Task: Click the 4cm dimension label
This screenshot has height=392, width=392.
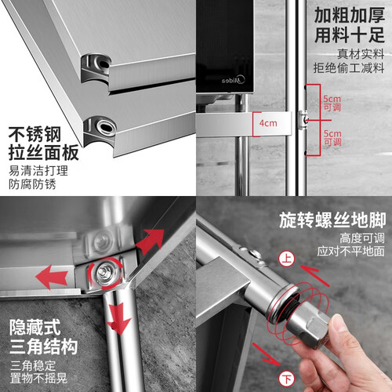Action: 268,123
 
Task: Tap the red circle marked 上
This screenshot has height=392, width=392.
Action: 287,259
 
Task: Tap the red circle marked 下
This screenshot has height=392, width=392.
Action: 287,379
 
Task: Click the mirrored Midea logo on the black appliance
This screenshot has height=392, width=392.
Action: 234,80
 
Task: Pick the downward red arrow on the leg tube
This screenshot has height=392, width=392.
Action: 119,318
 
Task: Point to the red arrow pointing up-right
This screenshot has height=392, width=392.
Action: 151,241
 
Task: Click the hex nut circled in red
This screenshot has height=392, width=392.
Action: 105,273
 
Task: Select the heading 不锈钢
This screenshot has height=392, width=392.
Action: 34,135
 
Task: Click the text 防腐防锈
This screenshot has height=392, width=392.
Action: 32,184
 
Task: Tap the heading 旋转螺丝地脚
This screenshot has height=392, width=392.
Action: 332,220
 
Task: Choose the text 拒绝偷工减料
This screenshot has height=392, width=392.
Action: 349,68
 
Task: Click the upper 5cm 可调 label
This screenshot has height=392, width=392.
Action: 332,103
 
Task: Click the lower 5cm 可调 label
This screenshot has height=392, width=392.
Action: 332,138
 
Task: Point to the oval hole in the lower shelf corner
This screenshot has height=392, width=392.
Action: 106,127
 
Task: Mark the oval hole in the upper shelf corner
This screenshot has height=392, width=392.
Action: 104,64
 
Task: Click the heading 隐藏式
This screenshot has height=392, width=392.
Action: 35,327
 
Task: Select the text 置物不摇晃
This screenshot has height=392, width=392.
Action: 38,378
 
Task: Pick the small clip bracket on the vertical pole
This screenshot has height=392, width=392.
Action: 303,120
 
